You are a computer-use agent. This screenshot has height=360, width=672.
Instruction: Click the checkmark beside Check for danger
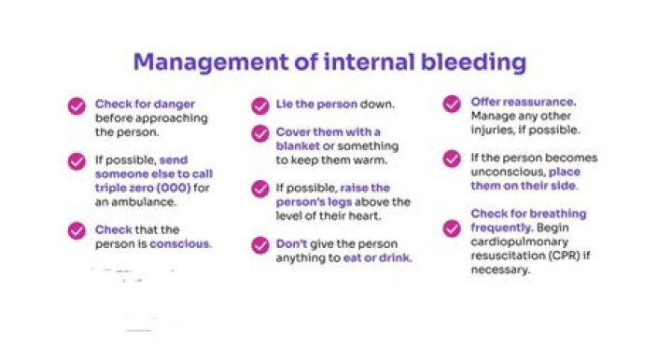[77, 105]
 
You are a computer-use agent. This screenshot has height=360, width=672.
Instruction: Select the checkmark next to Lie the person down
[260, 104]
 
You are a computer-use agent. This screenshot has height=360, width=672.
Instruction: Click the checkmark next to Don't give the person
[260, 245]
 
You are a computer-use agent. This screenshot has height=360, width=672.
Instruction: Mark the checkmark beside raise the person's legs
[260, 189]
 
